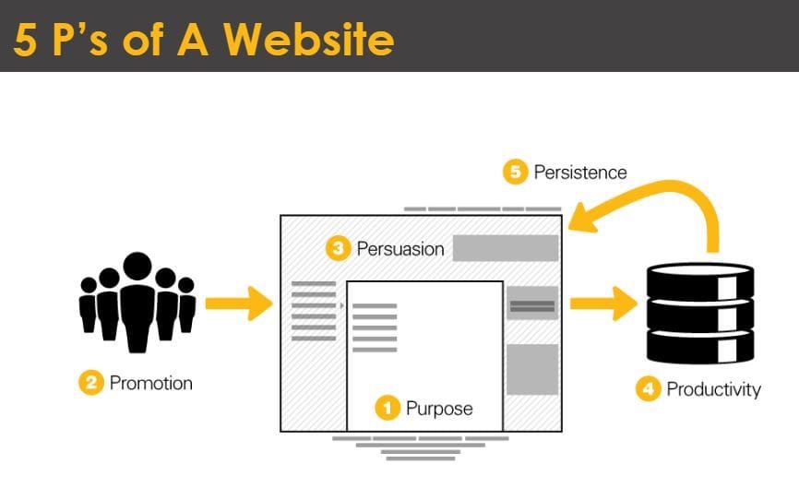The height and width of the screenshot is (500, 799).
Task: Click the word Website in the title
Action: (x=309, y=39)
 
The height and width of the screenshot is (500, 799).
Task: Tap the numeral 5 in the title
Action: (x=25, y=40)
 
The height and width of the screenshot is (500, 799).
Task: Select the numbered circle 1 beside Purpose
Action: (x=388, y=409)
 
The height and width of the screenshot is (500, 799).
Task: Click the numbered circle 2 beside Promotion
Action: (x=91, y=382)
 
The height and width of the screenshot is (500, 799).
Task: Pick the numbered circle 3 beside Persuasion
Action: (x=338, y=248)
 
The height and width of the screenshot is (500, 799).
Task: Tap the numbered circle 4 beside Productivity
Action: (x=649, y=389)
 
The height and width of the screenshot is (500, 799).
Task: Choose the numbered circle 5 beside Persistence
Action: (x=515, y=172)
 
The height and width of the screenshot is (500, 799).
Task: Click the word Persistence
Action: (x=580, y=173)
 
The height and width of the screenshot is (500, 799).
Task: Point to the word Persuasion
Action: (x=400, y=249)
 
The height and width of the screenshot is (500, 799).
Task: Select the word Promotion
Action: (x=151, y=383)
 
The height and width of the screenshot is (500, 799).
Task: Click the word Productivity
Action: (x=714, y=389)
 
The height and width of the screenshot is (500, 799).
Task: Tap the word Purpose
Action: (x=439, y=409)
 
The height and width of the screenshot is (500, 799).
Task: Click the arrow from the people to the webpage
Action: (x=239, y=304)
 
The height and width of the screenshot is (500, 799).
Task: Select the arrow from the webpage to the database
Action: (x=603, y=304)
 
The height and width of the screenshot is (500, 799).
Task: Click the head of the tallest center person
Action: (x=137, y=266)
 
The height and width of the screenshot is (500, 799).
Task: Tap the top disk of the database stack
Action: (x=700, y=280)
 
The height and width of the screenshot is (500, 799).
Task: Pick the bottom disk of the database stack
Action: (x=700, y=347)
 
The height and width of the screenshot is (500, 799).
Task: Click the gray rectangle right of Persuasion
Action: (x=506, y=248)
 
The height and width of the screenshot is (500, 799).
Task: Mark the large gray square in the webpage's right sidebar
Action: (x=532, y=370)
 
